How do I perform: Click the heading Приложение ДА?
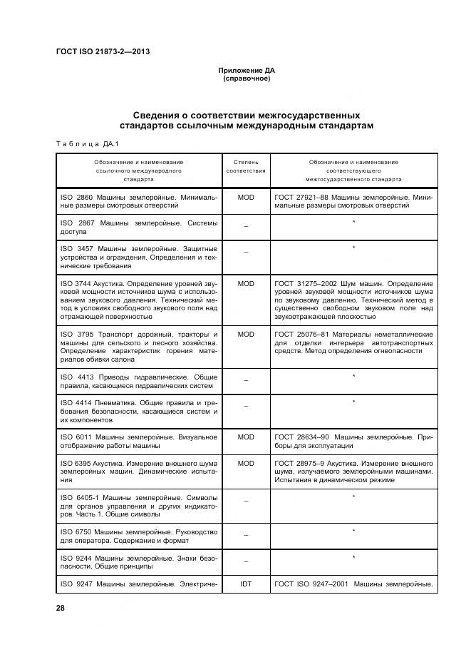246,71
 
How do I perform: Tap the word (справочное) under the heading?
246,78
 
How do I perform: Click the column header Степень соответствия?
246,167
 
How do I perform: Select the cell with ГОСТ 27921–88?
353,201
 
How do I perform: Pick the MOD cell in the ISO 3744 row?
246,284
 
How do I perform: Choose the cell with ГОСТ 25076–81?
353,346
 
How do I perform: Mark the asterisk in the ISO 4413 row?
353,376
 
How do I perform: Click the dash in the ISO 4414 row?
246,406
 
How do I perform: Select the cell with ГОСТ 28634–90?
353,441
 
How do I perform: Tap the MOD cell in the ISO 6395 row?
246,464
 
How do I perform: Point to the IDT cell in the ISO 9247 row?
246,584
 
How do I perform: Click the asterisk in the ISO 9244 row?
353,556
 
